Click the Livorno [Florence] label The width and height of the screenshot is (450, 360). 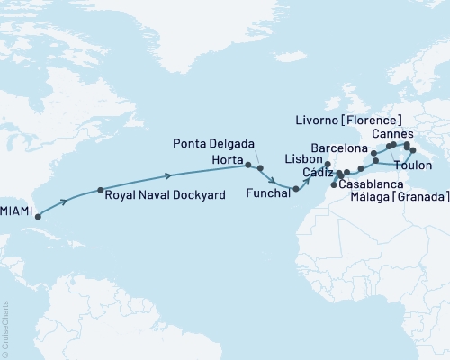(347, 118)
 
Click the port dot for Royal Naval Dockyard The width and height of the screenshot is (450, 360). (100, 191)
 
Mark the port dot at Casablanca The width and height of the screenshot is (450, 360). (335, 185)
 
